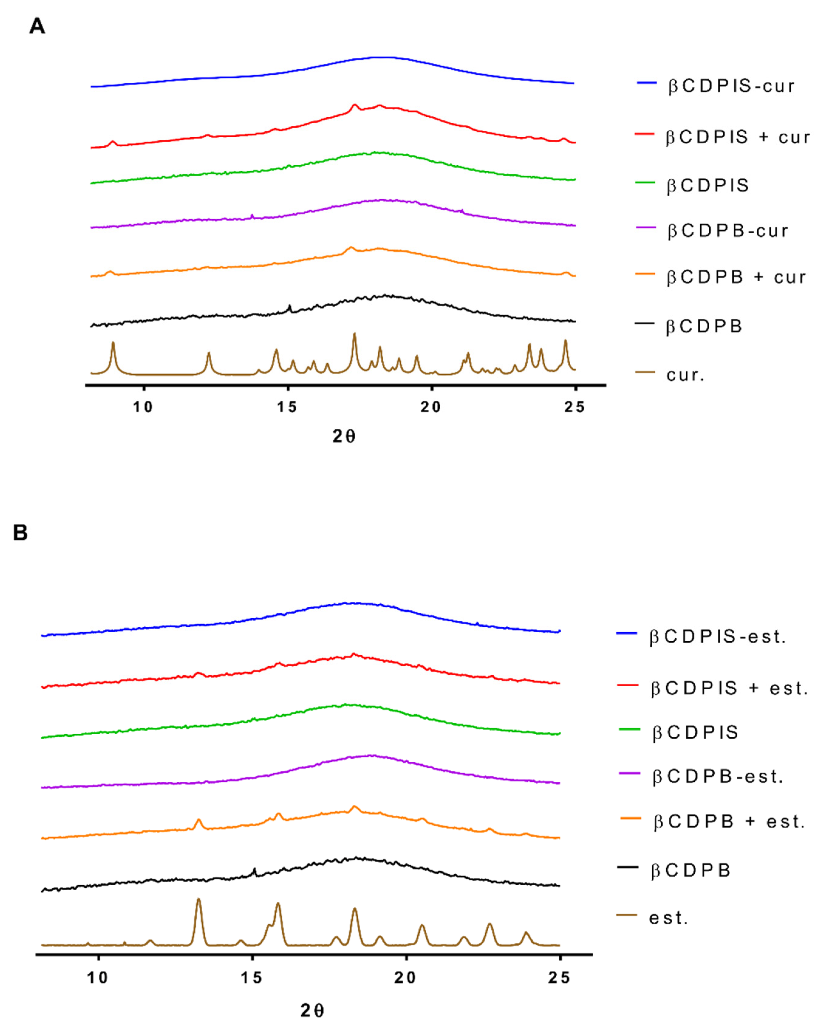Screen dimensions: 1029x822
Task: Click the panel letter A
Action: [x=37, y=26]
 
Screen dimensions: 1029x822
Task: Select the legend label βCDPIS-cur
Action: [x=731, y=86]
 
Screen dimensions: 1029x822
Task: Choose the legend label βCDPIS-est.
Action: [x=717, y=637]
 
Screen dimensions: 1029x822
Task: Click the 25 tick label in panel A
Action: [x=575, y=407]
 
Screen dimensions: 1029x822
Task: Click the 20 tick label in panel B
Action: [x=405, y=978]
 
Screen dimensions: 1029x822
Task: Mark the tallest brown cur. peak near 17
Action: [x=354, y=334]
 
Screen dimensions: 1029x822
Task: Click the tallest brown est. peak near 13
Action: [x=199, y=900]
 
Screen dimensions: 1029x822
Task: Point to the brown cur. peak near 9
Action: [x=113, y=343]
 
